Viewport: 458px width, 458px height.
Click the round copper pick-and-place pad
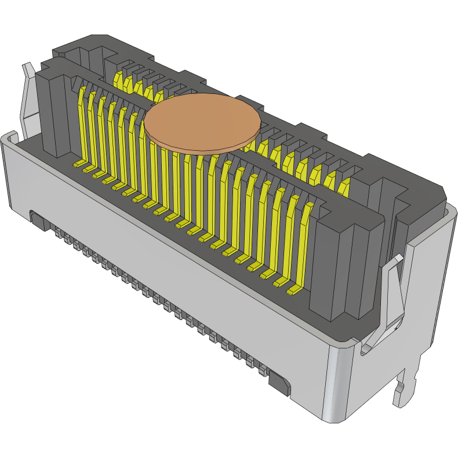(x=202, y=123)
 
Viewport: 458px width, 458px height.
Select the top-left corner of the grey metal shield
(x=8, y=139)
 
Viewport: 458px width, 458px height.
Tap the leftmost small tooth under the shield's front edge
(x=59, y=234)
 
